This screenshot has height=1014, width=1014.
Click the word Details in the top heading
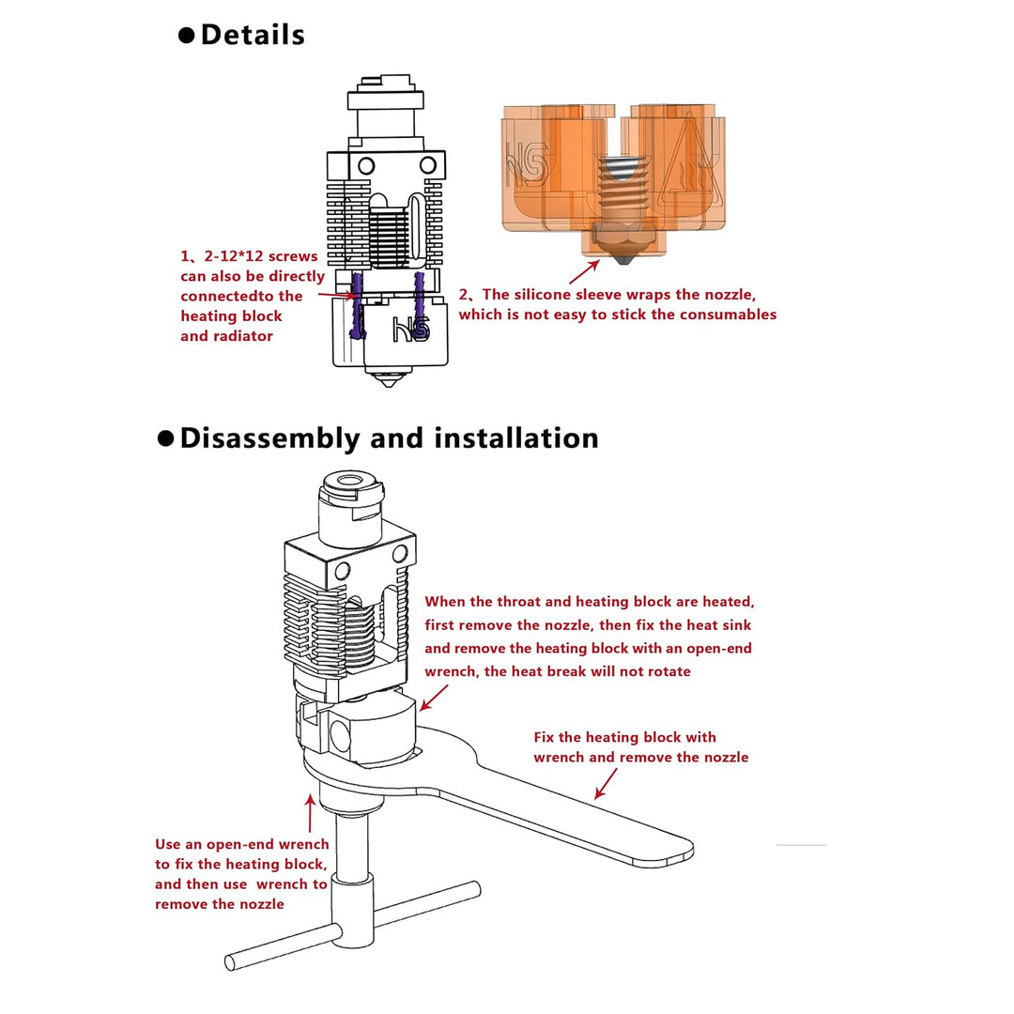pyautogui.click(x=253, y=35)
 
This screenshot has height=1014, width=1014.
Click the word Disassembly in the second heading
pyautogui.click(x=269, y=438)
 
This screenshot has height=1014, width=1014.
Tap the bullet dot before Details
pyautogui.click(x=186, y=36)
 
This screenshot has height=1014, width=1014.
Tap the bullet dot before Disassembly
pyautogui.click(x=165, y=438)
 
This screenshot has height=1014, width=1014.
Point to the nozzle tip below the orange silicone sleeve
pyautogui.click(x=623, y=260)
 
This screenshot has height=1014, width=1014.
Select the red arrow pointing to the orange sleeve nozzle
pyautogui.click(x=584, y=271)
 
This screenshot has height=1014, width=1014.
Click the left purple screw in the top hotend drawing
pyautogui.click(x=357, y=305)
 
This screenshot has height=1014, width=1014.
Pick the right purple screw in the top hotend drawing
pyautogui.click(x=421, y=305)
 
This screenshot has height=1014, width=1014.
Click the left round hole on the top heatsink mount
pyautogui.click(x=366, y=166)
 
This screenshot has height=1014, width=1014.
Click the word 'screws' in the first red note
pyautogui.click(x=293, y=256)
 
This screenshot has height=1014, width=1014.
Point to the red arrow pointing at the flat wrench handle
pyautogui.click(x=606, y=783)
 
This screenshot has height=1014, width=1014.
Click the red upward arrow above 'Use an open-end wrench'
pyautogui.click(x=311, y=813)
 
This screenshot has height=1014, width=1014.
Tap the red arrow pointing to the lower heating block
pyautogui.click(x=433, y=699)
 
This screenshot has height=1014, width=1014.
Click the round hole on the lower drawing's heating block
pyautogui.click(x=340, y=734)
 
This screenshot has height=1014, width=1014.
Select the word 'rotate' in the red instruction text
pyautogui.click(x=668, y=671)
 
